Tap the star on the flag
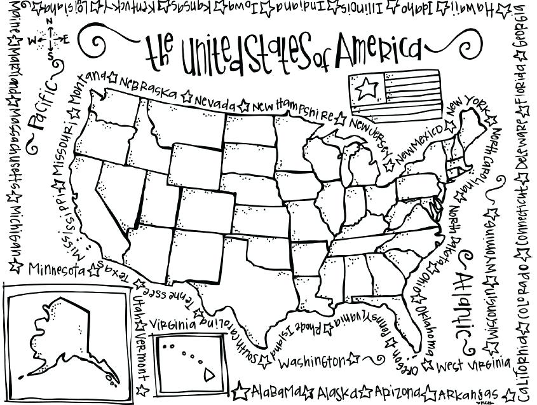point(365,88)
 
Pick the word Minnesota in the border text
point(56,268)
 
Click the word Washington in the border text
point(311,362)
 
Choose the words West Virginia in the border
point(473,365)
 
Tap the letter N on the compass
point(50,21)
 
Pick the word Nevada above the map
point(215,102)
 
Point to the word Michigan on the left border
point(15,229)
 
